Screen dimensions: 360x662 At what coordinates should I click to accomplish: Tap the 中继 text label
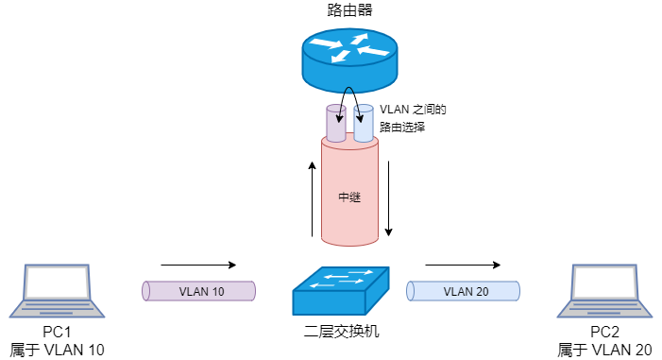pos(349,198)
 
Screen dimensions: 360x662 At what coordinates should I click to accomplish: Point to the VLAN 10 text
pos(201,291)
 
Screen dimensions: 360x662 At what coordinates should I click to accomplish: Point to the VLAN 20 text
pos(466,291)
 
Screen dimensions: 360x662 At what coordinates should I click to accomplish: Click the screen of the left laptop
pos(57,283)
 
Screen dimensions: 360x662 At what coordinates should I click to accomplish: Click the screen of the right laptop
pos(604,283)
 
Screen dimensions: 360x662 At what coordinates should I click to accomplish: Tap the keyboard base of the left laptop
pos(57,309)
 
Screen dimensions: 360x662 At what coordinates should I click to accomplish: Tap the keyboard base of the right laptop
pos(604,309)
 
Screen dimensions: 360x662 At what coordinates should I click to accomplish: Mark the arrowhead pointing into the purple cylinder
pos(340,120)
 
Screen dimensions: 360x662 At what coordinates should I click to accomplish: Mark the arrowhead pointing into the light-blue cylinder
pos(360,120)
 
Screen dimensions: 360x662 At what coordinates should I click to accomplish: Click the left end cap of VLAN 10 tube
pos(146,291)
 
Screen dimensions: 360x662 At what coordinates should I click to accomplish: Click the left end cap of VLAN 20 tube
pos(411,291)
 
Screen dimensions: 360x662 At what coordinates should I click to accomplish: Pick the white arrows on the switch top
pos(342,277)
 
